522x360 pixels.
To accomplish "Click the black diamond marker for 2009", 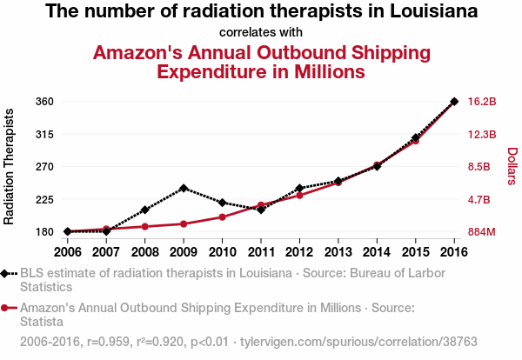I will pyautogui.click(x=184, y=188).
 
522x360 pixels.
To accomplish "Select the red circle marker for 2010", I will pyautogui.click(x=223, y=217).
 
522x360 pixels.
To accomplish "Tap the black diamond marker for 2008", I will pyautogui.click(x=145, y=210).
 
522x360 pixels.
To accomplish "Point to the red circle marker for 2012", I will pyautogui.click(x=299, y=195).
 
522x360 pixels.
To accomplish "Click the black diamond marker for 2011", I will pyautogui.click(x=261, y=210).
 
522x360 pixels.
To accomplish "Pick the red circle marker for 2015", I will pyautogui.click(x=416, y=140).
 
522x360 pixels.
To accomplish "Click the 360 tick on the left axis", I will pyautogui.click(x=46, y=102).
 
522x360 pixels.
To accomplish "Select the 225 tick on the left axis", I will pyautogui.click(x=46, y=199).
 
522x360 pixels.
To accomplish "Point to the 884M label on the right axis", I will pyautogui.click(x=482, y=232).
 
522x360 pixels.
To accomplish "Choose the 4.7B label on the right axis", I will pyautogui.click(x=480, y=199).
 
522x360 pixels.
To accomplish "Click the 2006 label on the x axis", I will pyautogui.click(x=67, y=252).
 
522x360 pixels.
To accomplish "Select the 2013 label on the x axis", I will pyautogui.click(x=338, y=252).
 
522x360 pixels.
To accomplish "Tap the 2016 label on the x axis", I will pyautogui.click(x=454, y=252).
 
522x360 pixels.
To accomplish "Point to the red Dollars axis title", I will pyautogui.click(x=512, y=166).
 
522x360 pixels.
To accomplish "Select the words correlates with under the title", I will pyautogui.click(x=260, y=33).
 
